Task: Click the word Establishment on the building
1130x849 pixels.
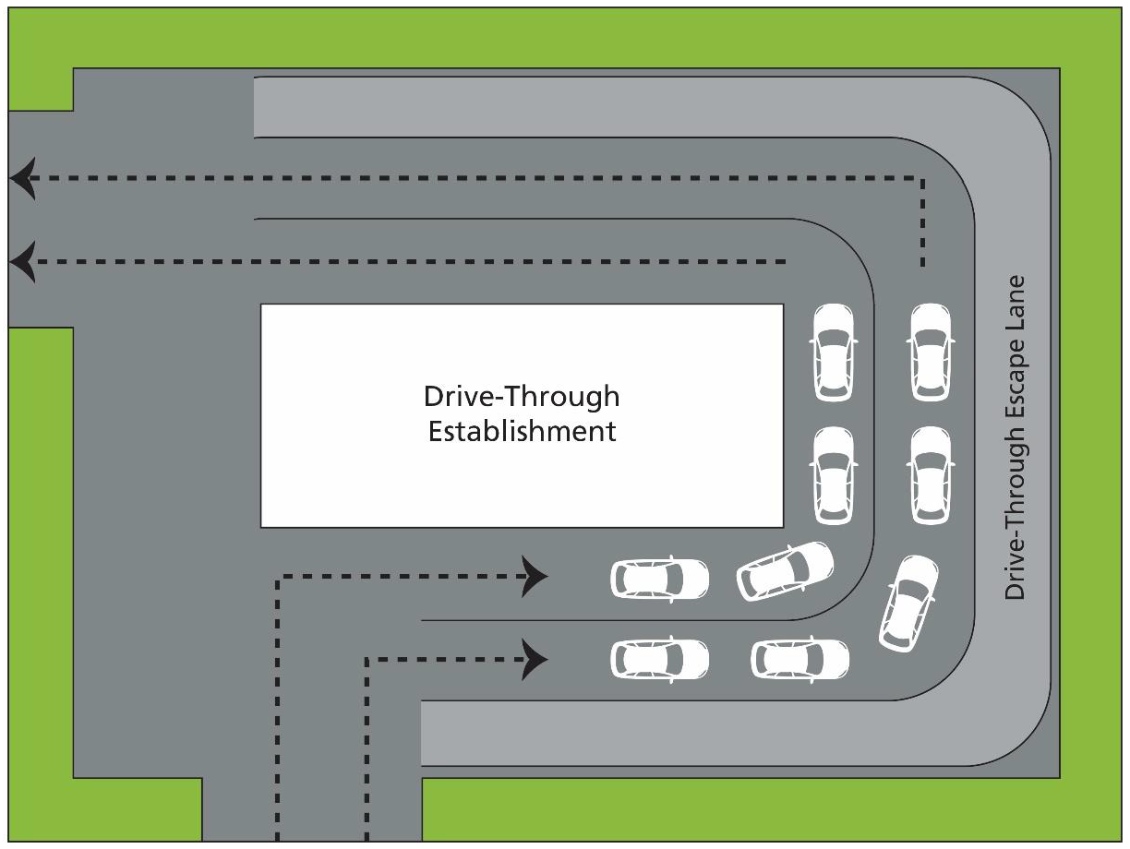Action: click(x=522, y=431)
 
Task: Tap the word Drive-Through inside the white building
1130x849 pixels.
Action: click(x=522, y=397)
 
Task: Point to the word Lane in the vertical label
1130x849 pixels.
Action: click(x=1016, y=303)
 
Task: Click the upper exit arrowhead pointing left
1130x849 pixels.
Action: click(x=24, y=178)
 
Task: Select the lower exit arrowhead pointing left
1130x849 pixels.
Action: click(x=24, y=262)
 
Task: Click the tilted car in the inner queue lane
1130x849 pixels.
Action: click(x=785, y=569)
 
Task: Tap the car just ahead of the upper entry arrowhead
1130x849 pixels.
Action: click(x=660, y=579)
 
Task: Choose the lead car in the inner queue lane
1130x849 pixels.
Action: click(x=833, y=353)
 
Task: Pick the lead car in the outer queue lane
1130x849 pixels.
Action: click(x=930, y=353)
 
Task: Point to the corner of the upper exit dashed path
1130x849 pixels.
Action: click(x=920, y=177)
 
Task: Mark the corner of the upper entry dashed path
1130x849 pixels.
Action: click(x=278, y=577)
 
